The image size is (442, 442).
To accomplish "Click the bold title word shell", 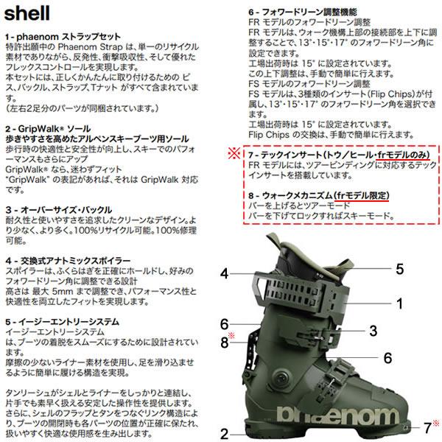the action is coord(27,13).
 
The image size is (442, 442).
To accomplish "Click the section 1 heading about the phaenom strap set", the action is coord(63,37).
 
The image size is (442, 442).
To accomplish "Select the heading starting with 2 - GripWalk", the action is coord(48,129).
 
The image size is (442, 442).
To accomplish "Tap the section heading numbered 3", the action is coord(59,210).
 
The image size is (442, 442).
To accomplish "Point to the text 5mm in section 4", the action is coord(63,291).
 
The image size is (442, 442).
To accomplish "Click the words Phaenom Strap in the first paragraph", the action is coord(90,47).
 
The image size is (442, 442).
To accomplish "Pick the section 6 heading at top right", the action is coord(303,12).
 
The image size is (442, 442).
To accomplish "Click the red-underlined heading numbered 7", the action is coord(339,155).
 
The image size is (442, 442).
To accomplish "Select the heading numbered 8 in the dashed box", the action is coord(318,195).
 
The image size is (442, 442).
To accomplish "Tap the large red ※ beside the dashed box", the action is coord(234,153).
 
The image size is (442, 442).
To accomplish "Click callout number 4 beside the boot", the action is coord(224,274).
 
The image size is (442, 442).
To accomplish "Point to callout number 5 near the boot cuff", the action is coord(400,269).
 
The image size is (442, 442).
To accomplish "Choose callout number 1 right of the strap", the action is coord(399,304).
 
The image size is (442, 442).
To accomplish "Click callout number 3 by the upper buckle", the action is coord(373,331).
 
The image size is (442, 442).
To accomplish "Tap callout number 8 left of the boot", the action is coord(225,343).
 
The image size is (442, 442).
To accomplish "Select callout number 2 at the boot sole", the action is coord(225,434).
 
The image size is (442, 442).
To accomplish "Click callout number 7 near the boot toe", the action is coord(428,428).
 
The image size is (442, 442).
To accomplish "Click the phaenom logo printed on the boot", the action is coord(337,415).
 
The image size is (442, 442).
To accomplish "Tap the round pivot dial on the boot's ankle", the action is coord(281,377).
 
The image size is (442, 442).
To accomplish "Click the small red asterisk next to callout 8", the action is coord(231,335).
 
